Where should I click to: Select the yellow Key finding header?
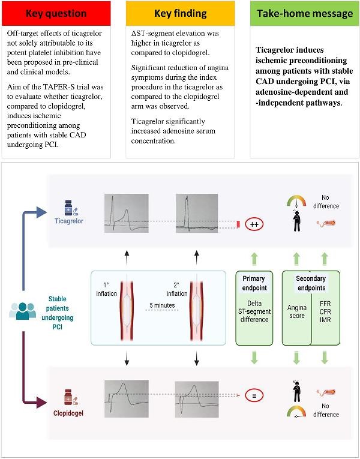[x=180, y=13]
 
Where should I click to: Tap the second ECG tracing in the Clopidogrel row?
[x=196, y=395]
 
